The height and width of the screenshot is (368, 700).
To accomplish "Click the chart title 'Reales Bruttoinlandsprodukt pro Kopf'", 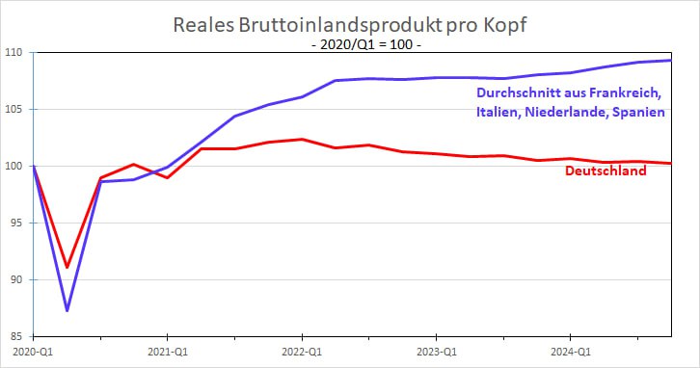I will [351, 24].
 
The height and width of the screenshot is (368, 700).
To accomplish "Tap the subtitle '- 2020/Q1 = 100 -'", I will [351, 44].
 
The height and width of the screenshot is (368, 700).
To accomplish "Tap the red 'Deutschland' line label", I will [605, 171].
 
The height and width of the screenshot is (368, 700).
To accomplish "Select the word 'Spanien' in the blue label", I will [633, 115].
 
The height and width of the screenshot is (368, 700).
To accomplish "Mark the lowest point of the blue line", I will [67, 310].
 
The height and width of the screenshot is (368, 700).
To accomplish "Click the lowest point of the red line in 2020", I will [67, 267].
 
